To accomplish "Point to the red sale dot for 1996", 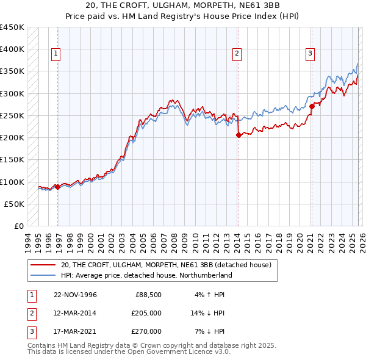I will [x=58, y=187].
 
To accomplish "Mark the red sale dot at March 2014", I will [x=239, y=135].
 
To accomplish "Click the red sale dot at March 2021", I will [x=312, y=106].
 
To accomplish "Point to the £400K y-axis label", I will [x=12, y=49].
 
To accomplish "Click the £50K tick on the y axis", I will [x=15, y=204].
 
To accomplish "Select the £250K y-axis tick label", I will [x=12, y=115].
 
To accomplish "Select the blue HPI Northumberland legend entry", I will [x=146, y=275].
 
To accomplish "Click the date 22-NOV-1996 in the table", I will [x=75, y=295].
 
